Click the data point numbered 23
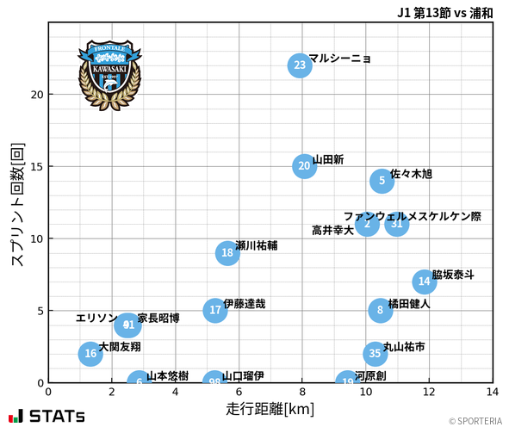point(299,65)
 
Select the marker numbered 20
point(304,166)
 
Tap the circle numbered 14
point(423,282)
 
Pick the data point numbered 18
point(227,253)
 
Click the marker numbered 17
point(215,311)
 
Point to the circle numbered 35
point(375,354)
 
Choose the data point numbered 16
point(90,354)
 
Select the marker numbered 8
point(380,311)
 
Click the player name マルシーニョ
point(339,59)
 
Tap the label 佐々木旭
point(411,174)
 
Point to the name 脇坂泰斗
point(452,275)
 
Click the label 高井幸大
point(332,231)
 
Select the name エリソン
point(96,319)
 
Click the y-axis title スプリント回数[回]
point(17,204)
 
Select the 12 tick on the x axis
point(429,392)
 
